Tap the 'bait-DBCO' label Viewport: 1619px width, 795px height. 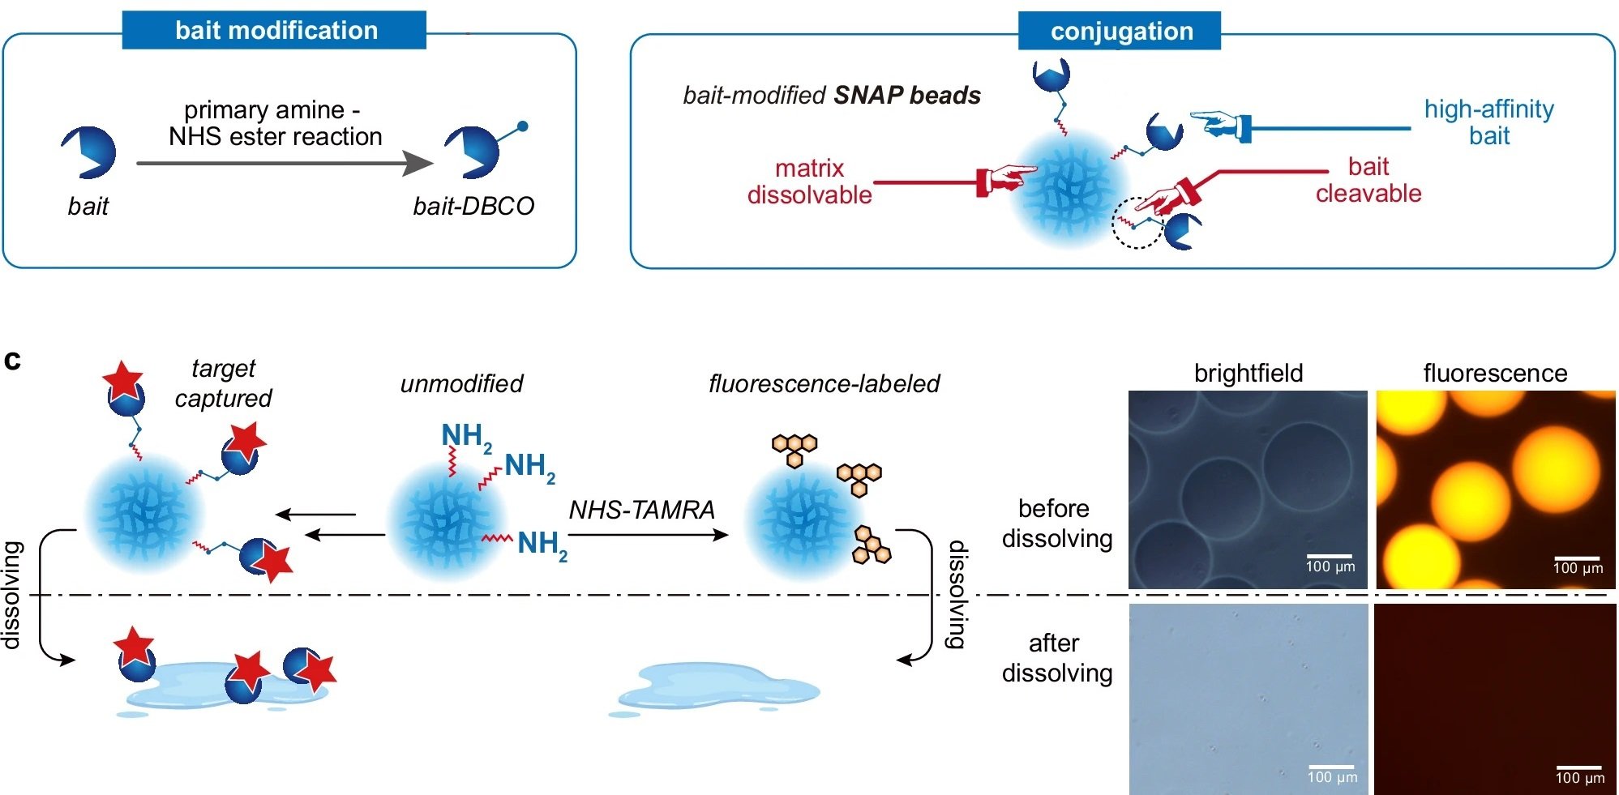tap(473, 206)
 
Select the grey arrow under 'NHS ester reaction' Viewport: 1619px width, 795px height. tap(284, 163)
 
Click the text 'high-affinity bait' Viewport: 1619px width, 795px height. tap(1488, 122)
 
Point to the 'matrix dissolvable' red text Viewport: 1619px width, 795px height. tap(809, 181)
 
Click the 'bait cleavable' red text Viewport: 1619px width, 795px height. tap(1368, 179)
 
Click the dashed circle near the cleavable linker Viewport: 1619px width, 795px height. tap(1137, 222)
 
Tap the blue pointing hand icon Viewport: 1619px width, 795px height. tap(1219, 124)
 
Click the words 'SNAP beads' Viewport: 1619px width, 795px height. tap(907, 95)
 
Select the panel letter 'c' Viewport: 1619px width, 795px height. tap(12, 360)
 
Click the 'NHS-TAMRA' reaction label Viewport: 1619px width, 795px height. tap(641, 510)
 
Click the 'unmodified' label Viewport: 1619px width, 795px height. tap(461, 383)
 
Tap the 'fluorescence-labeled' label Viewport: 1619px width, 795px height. tap(824, 383)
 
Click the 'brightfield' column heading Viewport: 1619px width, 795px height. tap(1248, 373)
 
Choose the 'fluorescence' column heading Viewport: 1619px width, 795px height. tap(1494, 373)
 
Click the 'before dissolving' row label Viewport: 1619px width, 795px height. tap(1056, 523)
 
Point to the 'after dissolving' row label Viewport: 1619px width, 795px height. tap(1056, 657)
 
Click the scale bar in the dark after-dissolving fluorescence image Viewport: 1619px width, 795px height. tap(1578, 767)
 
